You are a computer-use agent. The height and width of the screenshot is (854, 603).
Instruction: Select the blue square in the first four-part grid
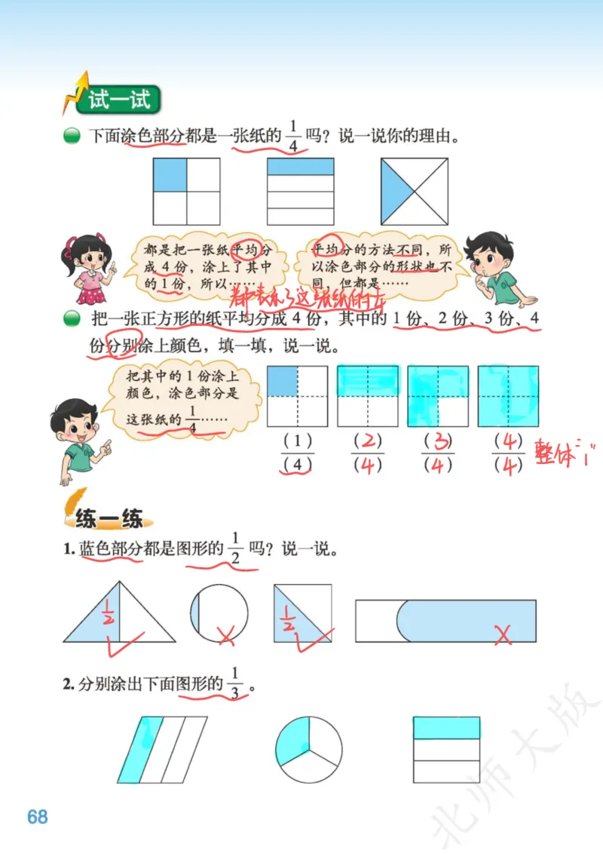[x=170, y=174]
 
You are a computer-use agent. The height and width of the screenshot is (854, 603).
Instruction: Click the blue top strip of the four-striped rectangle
[x=301, y=166]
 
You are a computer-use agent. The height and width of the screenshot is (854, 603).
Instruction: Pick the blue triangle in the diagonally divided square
[x=396, y=192]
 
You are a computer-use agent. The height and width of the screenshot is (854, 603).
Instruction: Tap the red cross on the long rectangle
[x=503, y=635]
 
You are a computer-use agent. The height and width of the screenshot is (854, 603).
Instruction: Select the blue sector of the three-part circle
[x=292, y=740]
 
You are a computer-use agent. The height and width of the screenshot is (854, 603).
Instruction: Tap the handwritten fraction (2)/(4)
[x=368, y=453]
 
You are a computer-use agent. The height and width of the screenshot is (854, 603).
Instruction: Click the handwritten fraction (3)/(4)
[x=437, y=453]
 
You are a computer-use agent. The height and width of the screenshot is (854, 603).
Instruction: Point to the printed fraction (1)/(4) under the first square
[x=297, y=453]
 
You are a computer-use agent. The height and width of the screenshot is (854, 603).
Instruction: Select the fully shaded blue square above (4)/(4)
[x=508, y=396]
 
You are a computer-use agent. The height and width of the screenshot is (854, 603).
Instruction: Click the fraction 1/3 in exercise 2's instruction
[x=235, y=683]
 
